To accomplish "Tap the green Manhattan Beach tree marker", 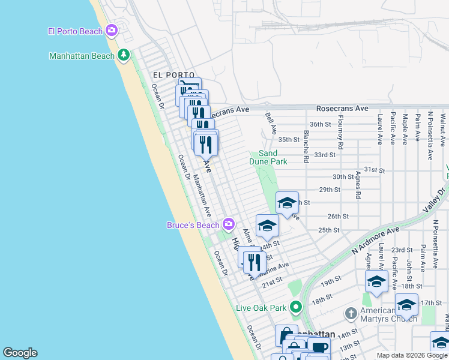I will point(124,56).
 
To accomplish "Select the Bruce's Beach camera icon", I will point(228,225).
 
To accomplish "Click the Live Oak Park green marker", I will point(295,308).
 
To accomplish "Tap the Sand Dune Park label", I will point(268,158).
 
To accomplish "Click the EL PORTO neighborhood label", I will point(165,75).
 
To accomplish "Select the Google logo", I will point(20,353).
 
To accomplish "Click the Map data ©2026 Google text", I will point(412,355).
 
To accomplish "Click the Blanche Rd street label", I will point(306,146).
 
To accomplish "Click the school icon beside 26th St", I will point(287,203).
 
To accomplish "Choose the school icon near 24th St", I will point(267,226).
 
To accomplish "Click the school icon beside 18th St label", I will point(376,281).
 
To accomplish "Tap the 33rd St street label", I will point(324,154).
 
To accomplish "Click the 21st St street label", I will point(272,281).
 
